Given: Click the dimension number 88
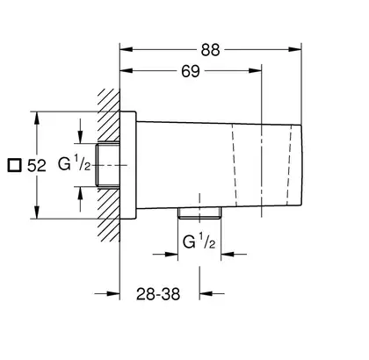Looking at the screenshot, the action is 210,50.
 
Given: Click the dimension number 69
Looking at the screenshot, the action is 191,71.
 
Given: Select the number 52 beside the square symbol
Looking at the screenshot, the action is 37,166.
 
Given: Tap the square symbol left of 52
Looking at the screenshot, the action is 14,165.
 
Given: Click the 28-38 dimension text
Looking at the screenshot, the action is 158,294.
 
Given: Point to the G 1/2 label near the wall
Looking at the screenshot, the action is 74,164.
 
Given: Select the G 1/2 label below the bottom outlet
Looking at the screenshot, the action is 199,241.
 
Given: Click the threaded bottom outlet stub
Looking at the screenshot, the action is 199,212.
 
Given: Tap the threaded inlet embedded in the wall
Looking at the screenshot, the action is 108,165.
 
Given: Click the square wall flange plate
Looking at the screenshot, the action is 128,165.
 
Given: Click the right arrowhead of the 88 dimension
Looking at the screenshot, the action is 295,49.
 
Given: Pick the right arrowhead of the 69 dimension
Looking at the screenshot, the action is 255,70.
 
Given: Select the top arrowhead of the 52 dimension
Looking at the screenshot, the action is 37,119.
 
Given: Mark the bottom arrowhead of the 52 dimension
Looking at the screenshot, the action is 37,212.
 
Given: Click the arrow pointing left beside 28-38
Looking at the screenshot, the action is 206,293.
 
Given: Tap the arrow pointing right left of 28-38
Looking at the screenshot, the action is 113,293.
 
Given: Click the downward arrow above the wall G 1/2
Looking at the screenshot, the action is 80,136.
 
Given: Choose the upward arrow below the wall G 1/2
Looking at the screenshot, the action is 80,193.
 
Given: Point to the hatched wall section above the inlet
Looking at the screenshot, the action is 109,115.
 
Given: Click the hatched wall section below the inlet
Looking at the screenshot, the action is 109,214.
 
